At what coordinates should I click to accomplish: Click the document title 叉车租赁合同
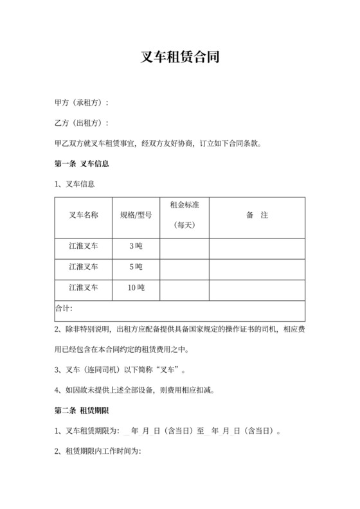(x=180, y=57)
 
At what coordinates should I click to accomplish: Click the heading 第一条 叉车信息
(x=82, y=163)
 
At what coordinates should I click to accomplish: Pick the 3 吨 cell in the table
(x=136, y=246)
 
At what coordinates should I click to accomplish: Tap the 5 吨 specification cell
(x=136, y=267)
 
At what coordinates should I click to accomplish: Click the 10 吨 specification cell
(x=136, y=288)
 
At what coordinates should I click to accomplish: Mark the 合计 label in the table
(x=64, y=308)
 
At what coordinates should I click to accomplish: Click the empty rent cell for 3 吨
(x=184, y=246)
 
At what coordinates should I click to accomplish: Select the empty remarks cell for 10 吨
(x=256, y=288)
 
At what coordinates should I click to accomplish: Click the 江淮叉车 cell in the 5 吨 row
(x=83, y=267)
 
